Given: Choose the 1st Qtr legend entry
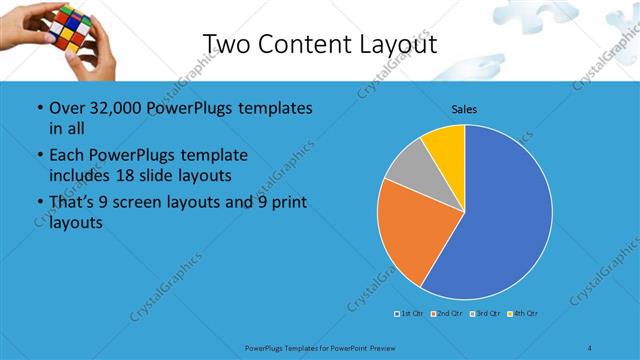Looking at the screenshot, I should pos(408,314).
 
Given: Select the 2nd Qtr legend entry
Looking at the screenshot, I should pos(445,314).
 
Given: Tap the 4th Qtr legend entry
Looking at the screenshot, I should pos(523,314).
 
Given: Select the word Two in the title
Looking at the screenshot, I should pos(228,44).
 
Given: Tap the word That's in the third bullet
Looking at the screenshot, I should pos(73,203).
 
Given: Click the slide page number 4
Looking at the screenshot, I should pos(590,347).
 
